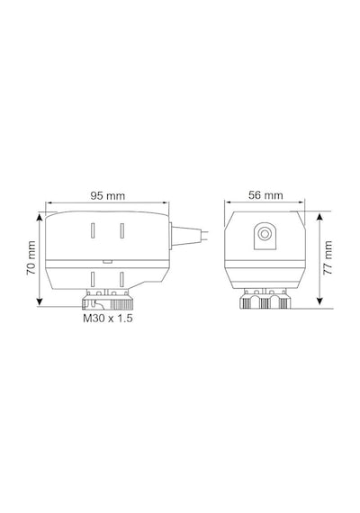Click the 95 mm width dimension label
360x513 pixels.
point(108,195)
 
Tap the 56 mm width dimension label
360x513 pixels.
point(265,195)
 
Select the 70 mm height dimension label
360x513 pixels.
point(31,258)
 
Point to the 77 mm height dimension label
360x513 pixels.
point(328,257)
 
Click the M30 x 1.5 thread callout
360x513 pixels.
point(108,318)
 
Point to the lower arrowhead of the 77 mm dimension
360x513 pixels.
point(320,301)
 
